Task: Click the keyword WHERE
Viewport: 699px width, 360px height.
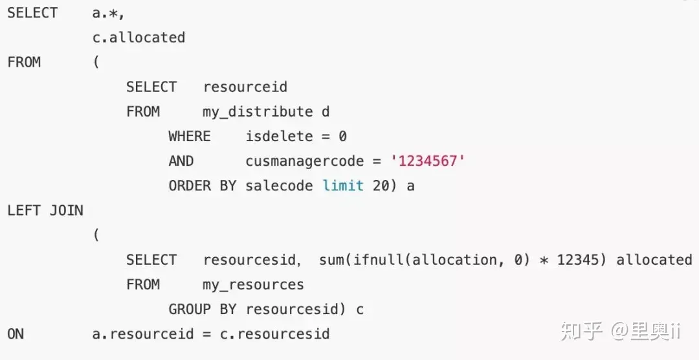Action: (190, 136)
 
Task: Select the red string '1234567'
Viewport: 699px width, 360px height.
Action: (428, 161)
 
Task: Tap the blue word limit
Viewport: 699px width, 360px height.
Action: (343, 185)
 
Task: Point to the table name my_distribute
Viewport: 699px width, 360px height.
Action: (258, 111)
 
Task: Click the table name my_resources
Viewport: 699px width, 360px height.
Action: (253, 285)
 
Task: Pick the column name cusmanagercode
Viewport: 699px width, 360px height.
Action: (304, 161)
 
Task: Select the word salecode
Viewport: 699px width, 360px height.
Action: (279, 185)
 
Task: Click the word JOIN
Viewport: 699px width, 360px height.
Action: (66, 210)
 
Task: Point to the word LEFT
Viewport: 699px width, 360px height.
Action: (24, 210)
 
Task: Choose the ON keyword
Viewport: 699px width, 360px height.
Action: (16, 333)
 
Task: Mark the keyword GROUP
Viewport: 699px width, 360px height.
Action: (190, 309)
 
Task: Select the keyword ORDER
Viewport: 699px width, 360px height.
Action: (190, 185)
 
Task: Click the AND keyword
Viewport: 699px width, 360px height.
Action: (181, 161)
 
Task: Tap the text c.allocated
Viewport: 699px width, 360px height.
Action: (139, 38)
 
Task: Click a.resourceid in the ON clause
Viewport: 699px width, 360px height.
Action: (143, 333)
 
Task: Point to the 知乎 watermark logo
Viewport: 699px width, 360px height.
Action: (581, 331)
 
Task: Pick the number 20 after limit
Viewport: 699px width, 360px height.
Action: (381, 185)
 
